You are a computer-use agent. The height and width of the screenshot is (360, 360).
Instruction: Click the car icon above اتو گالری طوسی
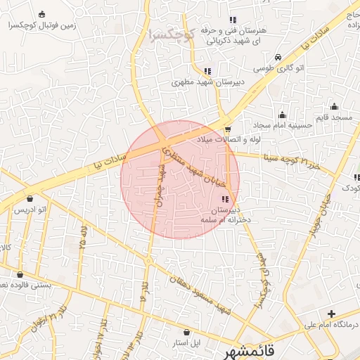point(278,57)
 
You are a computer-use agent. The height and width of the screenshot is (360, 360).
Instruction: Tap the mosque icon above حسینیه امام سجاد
point(283,115)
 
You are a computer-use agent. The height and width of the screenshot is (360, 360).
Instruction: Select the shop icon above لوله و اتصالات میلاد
point(228,129)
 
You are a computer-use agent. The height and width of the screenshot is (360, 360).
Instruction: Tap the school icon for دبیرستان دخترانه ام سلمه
point(224,200)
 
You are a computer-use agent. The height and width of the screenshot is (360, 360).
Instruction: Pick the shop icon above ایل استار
point(186,332)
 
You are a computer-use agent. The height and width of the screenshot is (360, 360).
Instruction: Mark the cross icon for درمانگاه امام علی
point(331,313)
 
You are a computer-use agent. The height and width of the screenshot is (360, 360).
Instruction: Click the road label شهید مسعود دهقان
point(199,292)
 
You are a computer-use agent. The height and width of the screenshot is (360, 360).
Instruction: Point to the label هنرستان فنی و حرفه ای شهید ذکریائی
point(225,36)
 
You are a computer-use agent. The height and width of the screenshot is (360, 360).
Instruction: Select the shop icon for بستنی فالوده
point(19,274)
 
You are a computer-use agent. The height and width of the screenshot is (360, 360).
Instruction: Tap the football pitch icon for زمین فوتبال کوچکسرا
point(42,15)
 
